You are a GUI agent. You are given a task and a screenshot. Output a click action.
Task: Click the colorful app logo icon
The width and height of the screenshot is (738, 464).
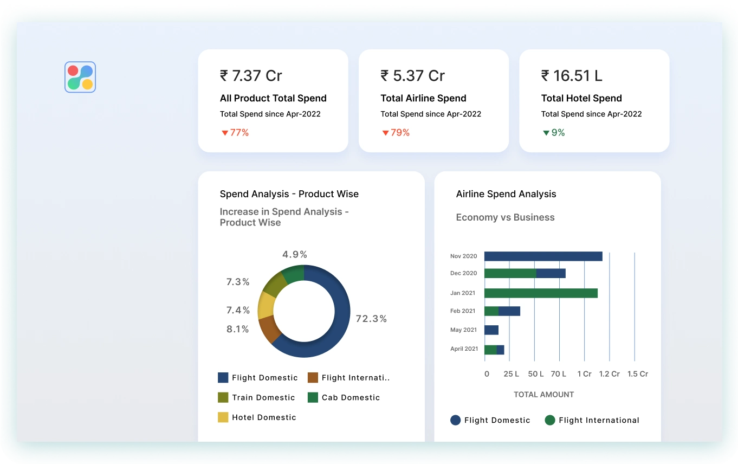[x=80, y=77]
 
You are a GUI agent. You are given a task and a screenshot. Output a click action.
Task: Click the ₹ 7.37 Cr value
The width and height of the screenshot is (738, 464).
[x=251, y=75]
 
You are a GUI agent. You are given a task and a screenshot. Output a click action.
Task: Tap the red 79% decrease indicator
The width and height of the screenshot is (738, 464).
[x=396, y=132]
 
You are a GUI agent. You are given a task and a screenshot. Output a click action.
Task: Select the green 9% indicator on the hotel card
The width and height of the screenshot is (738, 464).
[x=554, y=132]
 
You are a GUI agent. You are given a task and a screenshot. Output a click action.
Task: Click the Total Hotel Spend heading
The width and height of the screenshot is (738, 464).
[x=581, y=98]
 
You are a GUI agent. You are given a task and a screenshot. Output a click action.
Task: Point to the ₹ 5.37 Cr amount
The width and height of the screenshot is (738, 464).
[x=412, y=75]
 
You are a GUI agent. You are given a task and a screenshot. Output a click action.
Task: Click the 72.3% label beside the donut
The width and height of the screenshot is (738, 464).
[x=371, y=319]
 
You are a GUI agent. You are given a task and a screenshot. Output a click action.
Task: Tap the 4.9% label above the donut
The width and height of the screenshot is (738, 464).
[x=295, y=254]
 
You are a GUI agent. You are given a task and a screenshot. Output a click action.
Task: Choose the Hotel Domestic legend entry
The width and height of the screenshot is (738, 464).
[x=257, y=417]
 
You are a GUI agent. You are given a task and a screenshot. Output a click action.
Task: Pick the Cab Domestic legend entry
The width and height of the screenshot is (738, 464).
[x=344, y=397]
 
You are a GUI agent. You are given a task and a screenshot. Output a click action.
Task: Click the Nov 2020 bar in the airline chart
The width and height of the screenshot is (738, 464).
[x=543, y=256]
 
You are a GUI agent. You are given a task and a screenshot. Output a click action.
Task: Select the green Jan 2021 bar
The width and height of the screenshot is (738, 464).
[x=541, y=293]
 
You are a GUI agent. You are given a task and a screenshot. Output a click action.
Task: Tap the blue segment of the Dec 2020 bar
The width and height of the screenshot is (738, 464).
[x=551, y=273]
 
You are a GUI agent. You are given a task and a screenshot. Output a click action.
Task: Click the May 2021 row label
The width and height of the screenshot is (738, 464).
[x=463, y=330]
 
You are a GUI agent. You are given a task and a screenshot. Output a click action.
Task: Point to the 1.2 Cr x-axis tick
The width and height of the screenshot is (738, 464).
[x=609, y=374]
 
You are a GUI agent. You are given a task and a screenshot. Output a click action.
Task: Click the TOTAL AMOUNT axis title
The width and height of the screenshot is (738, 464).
[x=543, y=395]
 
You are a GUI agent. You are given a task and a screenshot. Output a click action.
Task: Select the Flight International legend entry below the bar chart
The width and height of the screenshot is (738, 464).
[x=592, y=420]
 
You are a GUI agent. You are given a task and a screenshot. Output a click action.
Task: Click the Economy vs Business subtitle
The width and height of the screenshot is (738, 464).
[x=505, y=217]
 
